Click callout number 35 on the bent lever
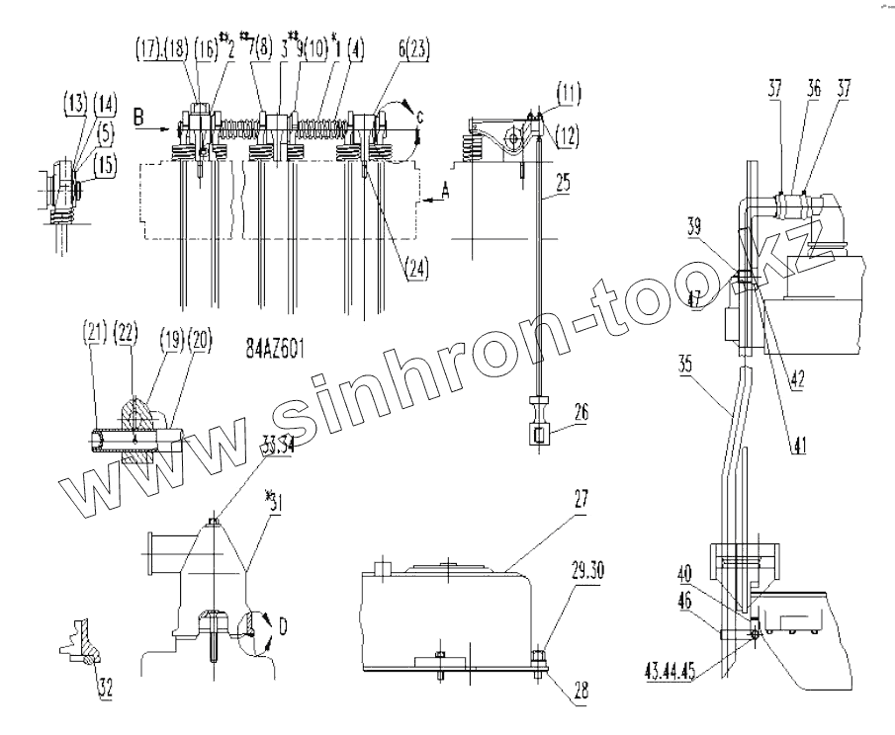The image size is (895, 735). (x=687, y=362)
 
